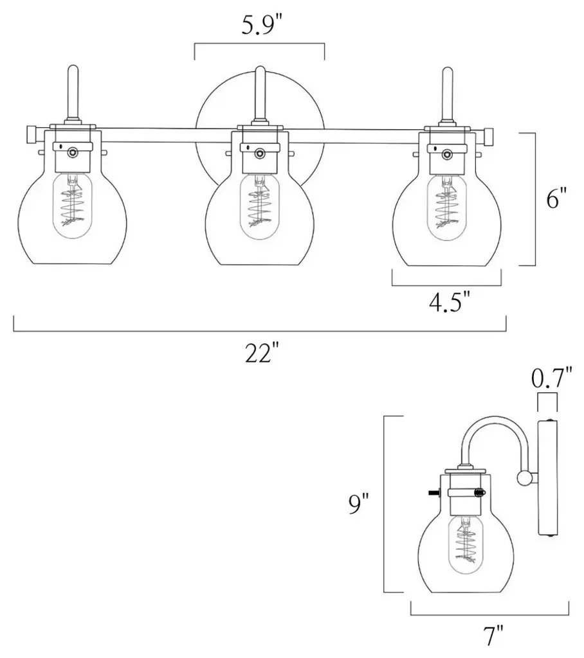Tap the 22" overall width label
pos(262,354)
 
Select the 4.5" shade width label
pos(449,301)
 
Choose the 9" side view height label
pos(359,504)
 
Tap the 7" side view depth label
pos(494,636)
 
